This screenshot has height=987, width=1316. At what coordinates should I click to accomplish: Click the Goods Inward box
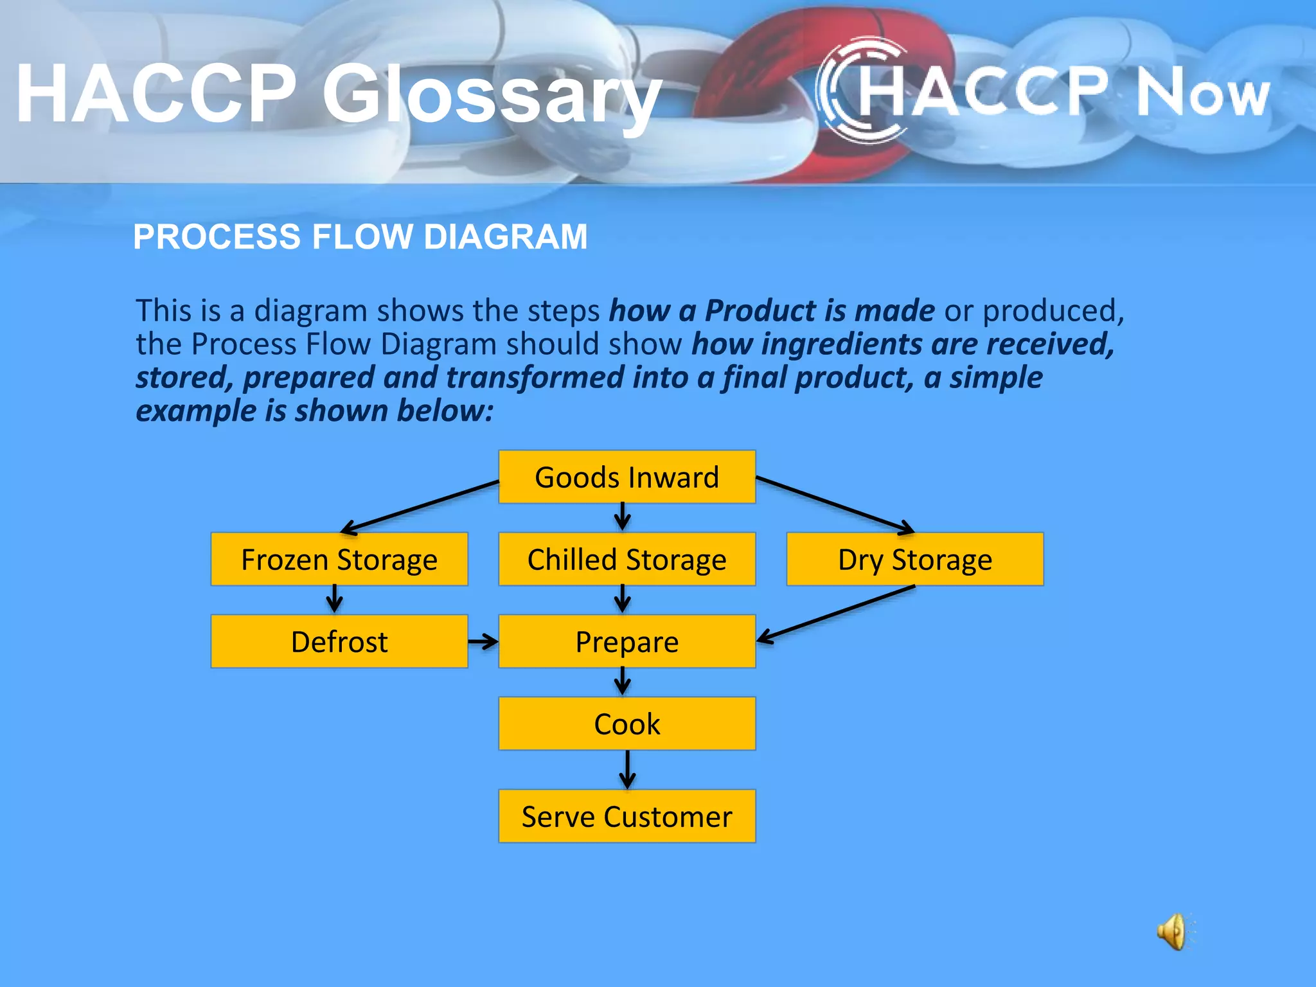[627, 477]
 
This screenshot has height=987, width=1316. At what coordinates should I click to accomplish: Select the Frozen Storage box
[339, 559]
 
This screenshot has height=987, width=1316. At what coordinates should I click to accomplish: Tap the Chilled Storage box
[627, 559]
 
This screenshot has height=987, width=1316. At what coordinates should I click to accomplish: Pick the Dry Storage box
[914, 559]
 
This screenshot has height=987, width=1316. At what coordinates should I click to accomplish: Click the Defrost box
[339, 641]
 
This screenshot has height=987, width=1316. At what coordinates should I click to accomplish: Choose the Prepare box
[627, 641]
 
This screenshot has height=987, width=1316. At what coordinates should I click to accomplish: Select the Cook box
[627, 724]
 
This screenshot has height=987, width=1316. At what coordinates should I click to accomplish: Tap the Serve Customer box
[627, 816]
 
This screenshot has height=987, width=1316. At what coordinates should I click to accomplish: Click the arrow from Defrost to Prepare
[483, 641]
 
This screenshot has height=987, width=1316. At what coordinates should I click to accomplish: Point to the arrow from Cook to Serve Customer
[627, 770]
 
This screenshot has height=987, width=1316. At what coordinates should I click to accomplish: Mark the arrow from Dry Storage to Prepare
[835, 614]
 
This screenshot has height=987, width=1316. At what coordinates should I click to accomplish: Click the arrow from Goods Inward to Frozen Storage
[421, 506]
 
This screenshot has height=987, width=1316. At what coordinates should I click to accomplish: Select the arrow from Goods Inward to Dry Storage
[835, 505]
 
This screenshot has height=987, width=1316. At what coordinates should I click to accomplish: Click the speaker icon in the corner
[1173, 931]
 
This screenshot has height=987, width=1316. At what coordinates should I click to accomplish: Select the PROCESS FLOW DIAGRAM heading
[360, 236]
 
